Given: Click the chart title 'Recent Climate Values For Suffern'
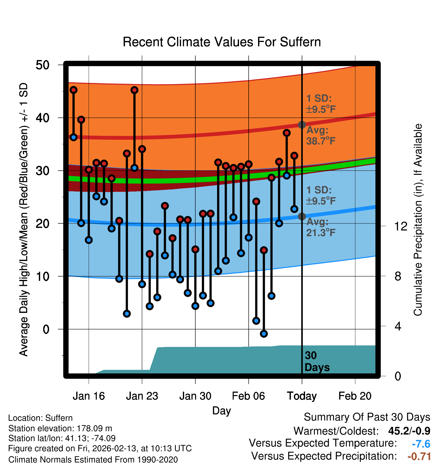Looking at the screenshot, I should click(222, 42).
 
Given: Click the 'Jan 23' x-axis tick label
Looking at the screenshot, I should click(142, 396).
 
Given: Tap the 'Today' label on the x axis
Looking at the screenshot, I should click(302, 396).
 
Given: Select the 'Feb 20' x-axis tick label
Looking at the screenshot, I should click(355, 396).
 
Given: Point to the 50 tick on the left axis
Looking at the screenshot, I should click(42, 65).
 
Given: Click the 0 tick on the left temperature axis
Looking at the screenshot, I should click(46, 329).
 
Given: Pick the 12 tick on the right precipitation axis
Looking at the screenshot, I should click(401, 226).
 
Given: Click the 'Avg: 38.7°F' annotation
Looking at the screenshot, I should click(321, 135).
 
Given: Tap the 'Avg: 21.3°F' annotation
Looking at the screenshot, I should click(321, 227).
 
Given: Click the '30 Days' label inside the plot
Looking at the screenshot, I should click(317, 361).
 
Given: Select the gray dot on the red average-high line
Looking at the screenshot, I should click(302, 125).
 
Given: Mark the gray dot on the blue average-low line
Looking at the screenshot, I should click(302, 216).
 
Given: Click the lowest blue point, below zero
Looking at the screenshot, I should click(264, 334).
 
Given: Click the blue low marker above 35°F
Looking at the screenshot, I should click(74, 137).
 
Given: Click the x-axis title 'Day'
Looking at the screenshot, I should click(221, 411).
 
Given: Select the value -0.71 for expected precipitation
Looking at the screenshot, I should click(419, 456).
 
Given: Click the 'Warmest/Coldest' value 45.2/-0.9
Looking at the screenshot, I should click(409, 431).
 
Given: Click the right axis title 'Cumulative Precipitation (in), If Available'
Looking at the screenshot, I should click(418, 220).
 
